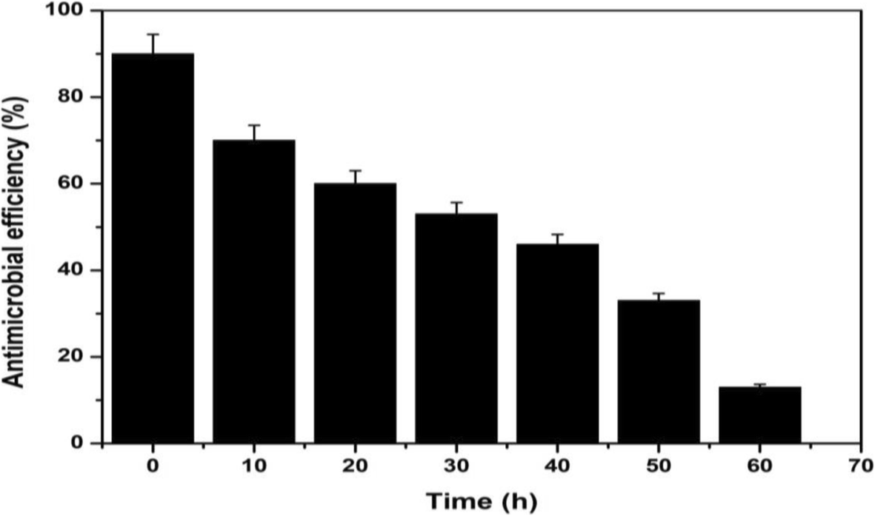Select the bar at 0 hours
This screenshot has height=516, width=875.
(153, 248)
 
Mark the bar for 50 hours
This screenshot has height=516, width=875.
(659, 371)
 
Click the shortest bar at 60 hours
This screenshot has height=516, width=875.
(759, 415)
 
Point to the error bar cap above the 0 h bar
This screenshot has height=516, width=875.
(153, 34)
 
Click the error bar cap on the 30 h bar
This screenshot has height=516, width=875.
(456, 202)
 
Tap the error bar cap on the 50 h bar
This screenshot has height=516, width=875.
(659, 294)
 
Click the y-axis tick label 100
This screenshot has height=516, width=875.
(68, 11)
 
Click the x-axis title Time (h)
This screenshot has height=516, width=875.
(482, 500)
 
